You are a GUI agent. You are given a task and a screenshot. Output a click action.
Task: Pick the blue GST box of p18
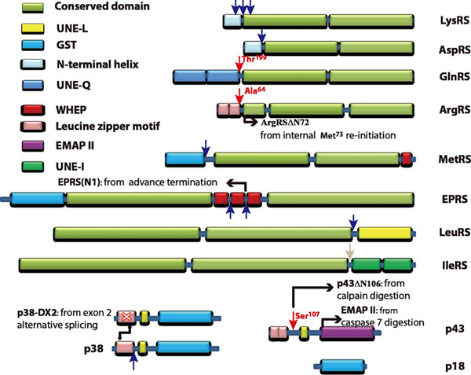click(346, 365)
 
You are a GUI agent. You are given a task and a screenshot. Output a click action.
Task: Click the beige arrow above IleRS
click(350, 250)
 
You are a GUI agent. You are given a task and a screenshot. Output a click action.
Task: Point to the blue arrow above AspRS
click(262, 38)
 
